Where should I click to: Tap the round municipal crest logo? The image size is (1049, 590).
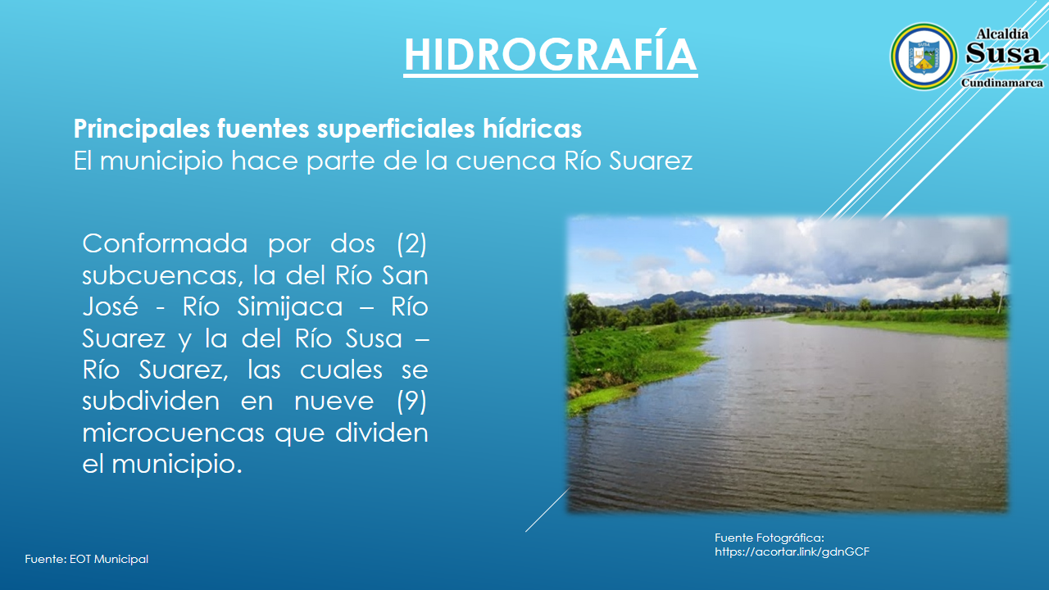click(x=924, y=57)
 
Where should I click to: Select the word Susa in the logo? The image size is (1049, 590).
click(x=1002, y=53)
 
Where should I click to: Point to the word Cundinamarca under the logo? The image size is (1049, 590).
click(x=1002, y=83)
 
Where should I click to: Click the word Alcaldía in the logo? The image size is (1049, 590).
click(x=1002, y=34)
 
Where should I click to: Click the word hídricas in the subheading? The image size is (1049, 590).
click(x=533, y=129)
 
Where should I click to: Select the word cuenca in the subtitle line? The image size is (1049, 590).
click(x=506, y=161)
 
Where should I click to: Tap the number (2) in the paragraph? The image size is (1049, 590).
click(x=411, y=243)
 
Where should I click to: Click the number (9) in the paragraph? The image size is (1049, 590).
click(x=411, y=402)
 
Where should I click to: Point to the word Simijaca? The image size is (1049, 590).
click(x=290, y=307)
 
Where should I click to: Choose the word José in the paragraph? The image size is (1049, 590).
click(x=111, y=306)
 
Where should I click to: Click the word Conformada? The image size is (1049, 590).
click(x=165, y=243)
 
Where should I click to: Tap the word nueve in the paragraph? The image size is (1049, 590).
click(x=334, y=402)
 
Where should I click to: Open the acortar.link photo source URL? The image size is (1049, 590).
click(x=792, y=552)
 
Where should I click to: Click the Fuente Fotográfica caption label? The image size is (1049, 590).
click(x=770, y=538)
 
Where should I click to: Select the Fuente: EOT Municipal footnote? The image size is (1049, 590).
click(x=87, y=559)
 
